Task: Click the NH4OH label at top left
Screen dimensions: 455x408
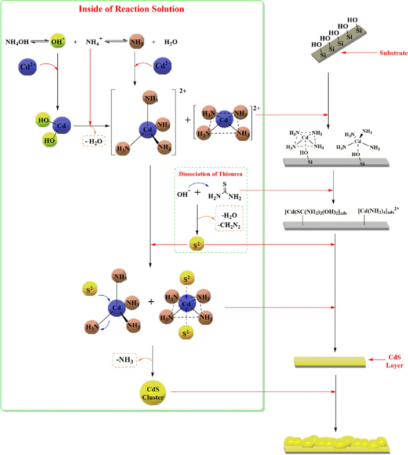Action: coord(17,42)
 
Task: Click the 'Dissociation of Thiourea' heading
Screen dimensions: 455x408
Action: coord(211,174)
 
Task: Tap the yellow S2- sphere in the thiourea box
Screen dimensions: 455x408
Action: coord(198,244)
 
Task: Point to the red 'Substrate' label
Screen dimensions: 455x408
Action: coord(393,53)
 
